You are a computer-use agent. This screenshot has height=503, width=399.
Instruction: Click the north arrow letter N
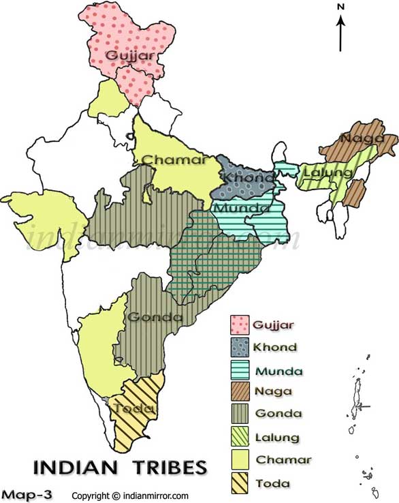point(341,7)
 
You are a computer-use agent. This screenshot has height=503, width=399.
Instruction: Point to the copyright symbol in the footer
point(116,496)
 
